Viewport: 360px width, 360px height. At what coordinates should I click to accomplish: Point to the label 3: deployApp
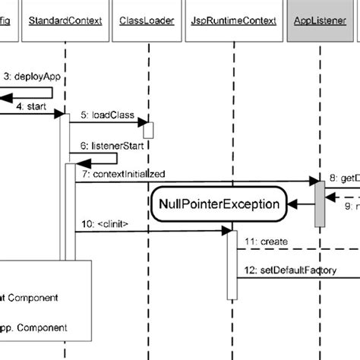tap(33, 76)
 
